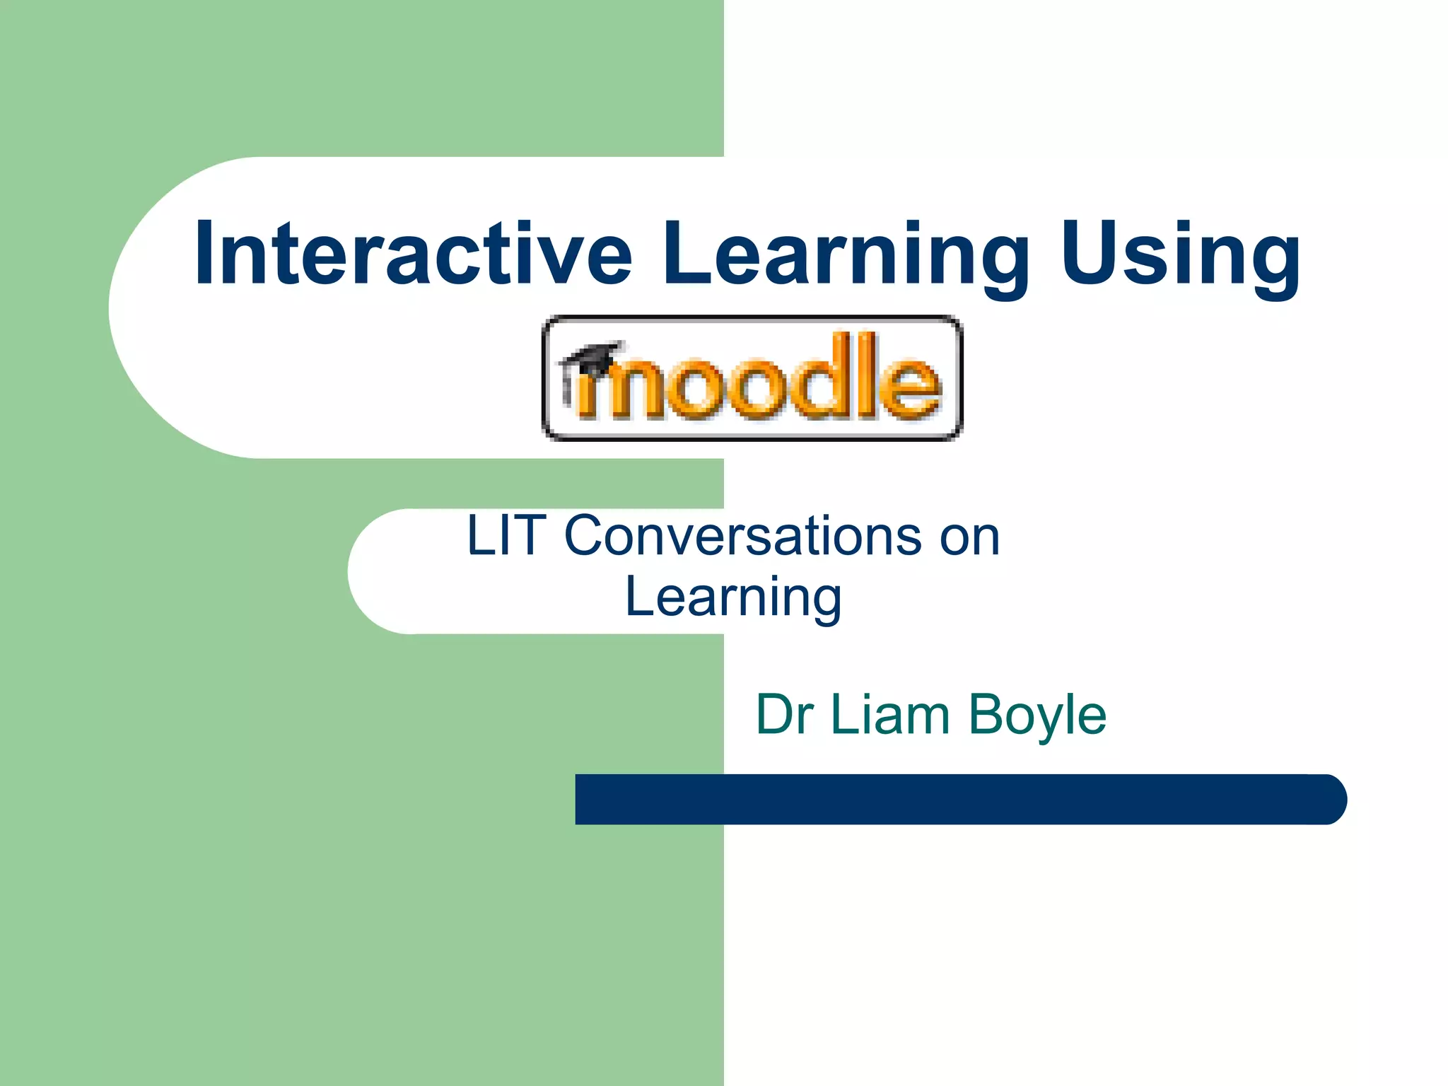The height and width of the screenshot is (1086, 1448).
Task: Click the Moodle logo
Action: point(752,378)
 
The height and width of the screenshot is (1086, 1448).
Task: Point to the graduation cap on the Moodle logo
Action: point(592,357)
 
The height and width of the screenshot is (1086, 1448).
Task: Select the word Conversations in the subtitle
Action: point(742,536)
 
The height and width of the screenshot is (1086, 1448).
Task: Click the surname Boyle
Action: point(1037,716)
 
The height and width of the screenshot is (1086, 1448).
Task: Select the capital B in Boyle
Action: point(985,715)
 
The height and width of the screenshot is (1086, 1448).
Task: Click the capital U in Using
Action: point(1088,252)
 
